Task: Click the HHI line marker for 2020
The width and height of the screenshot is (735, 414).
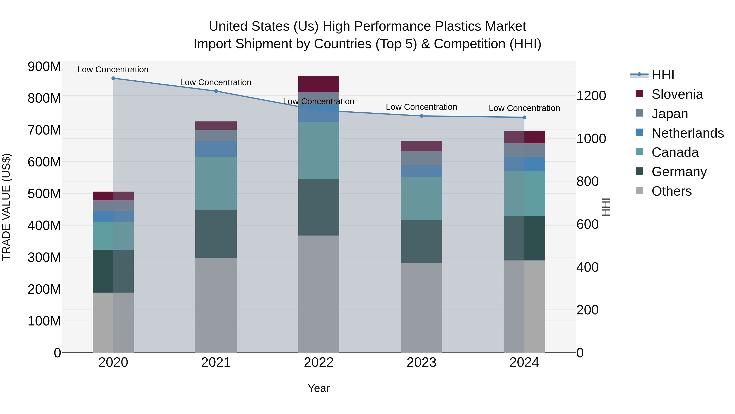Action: pos(113,78)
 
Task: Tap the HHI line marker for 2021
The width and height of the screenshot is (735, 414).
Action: pos(216,91)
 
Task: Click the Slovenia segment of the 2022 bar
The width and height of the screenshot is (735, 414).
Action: pos(319,84)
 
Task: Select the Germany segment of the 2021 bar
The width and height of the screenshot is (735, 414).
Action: pos(216,234)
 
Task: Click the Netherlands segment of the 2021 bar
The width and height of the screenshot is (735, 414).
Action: pos(216,149)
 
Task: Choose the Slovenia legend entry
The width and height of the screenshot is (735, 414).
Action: pos(677,94)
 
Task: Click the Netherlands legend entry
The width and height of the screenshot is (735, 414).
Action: pos(687,133)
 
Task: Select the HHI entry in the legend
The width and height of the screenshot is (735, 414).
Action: pos(663,75)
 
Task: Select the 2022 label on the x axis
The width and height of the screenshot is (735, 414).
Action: pos(319,362)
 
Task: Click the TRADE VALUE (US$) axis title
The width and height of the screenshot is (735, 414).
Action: pos(6,207)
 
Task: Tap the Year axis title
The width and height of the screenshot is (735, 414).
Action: pos(319,388)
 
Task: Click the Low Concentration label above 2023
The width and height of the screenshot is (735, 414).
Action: pos(421,107)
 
